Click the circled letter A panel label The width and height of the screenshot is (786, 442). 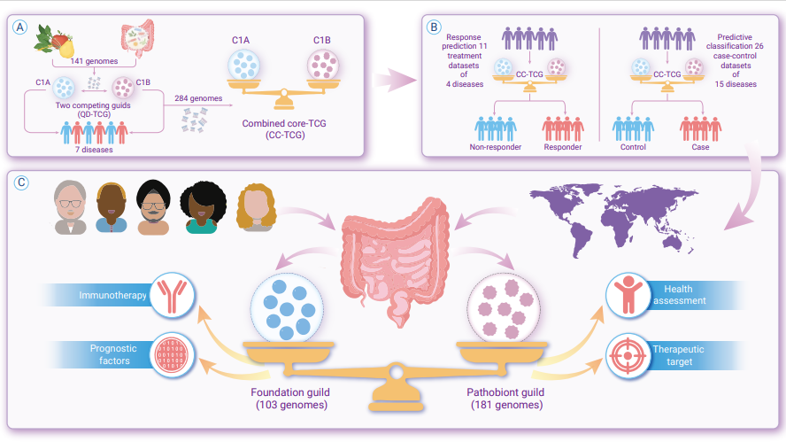tap(20, 27)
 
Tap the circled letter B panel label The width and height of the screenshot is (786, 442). tap(434, 27)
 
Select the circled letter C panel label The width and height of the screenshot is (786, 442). tap(21, 182)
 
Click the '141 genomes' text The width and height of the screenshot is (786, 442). tap(94, 61)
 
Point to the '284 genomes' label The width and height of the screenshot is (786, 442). tap(198, 98)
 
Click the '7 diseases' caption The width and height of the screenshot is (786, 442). tap(94, 150)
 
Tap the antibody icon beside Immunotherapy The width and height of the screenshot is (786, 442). tap(172, 296)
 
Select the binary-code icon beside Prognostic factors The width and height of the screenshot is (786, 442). tap(172, 354)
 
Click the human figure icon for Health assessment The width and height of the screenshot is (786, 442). tap(628, 296)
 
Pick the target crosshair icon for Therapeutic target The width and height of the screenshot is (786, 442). tap(628, 355)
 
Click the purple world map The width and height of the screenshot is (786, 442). tap(614, 218)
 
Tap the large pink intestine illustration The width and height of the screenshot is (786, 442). tap(395, 261)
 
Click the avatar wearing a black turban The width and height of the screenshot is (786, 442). tap(153, 206)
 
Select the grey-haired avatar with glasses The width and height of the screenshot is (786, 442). tap(70, 207)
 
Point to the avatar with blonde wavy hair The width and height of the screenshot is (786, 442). tap(256, 207)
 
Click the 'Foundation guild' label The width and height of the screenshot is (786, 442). tap(290, 392)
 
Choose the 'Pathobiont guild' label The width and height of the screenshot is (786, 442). tap(505, 392)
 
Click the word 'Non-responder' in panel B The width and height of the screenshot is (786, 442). tap(496, 147)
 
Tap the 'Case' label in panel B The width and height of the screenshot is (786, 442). tap(700, 147)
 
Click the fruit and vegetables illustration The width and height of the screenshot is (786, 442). tap(55, 40)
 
